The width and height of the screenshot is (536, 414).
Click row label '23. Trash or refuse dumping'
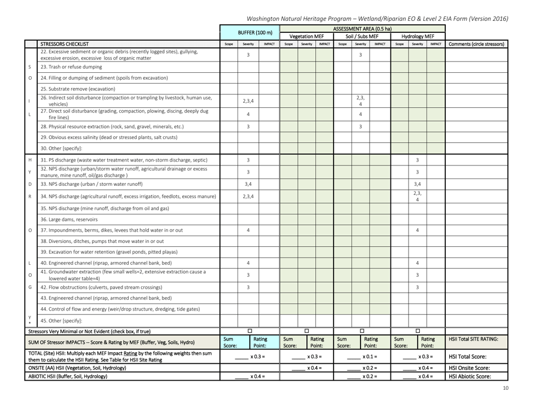click(x=78, y=67)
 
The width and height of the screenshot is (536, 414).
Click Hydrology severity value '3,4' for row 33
click(x=418, y=184)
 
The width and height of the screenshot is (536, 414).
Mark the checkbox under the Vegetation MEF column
click(x=306, y=331)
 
